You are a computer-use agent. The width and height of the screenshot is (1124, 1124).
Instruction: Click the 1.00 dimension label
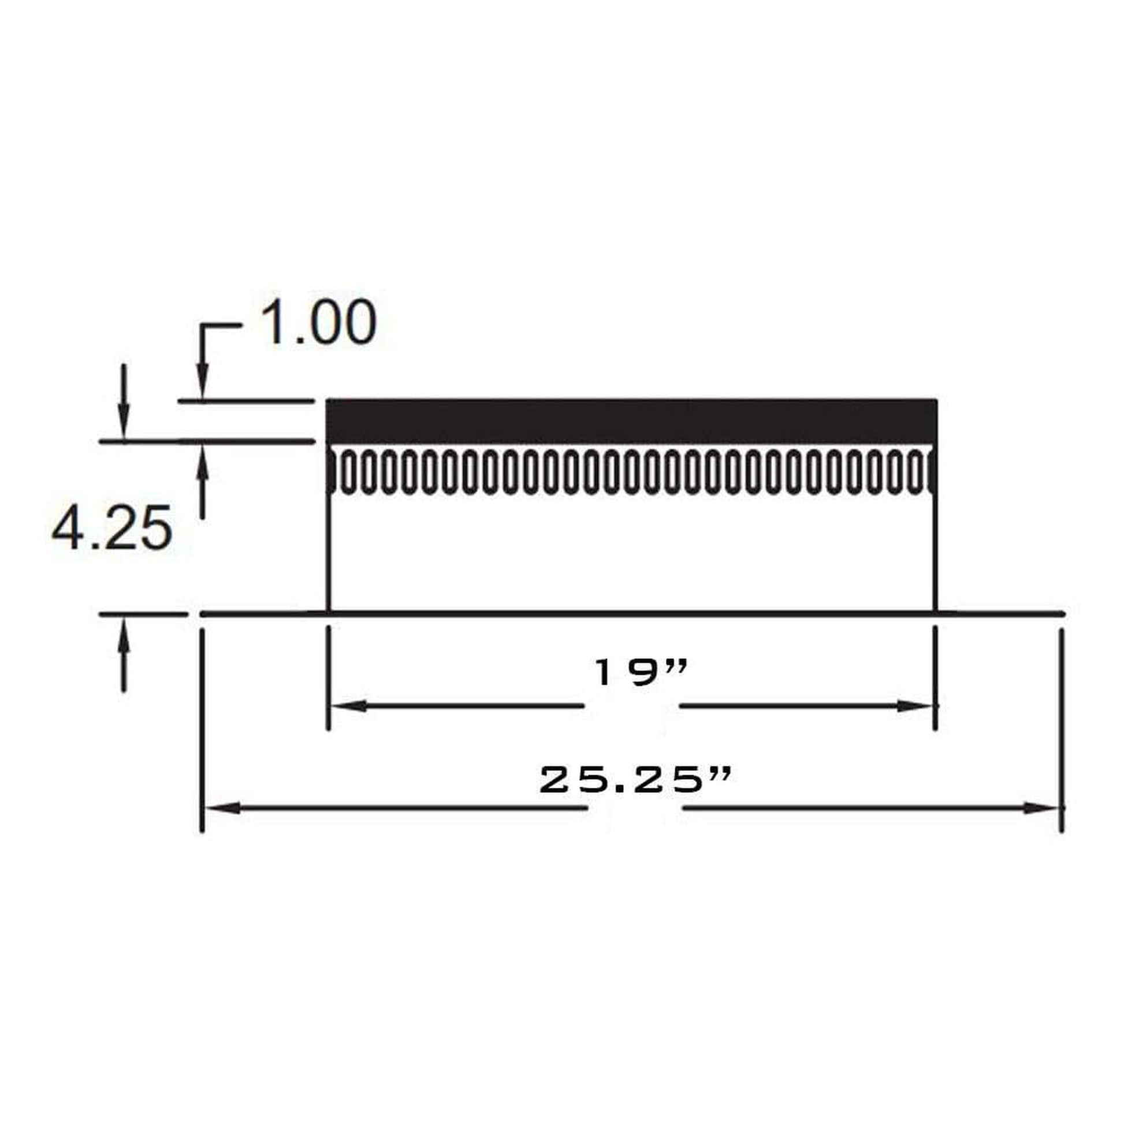[318, 323]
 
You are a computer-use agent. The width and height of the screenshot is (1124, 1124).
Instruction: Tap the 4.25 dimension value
[112, 528]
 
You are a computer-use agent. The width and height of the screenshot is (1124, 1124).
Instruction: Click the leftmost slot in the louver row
[347, 472]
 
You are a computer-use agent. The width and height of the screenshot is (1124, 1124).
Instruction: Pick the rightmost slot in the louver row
[918, 472]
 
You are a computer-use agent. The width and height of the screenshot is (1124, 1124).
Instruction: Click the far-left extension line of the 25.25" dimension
[202, 727]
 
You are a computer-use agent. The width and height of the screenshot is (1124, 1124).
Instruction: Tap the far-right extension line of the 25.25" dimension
[1062, 727]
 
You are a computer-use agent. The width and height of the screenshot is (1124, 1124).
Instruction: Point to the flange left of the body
[262, 613]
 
